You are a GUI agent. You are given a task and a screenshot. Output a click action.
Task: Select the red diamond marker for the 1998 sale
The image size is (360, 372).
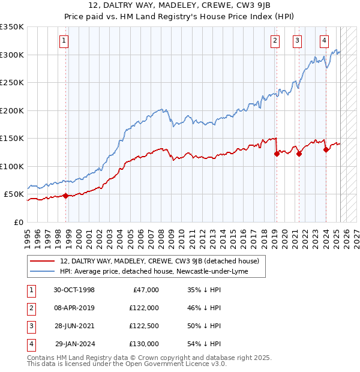(65, 196)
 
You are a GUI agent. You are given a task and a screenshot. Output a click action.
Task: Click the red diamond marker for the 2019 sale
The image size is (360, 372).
(277, 154)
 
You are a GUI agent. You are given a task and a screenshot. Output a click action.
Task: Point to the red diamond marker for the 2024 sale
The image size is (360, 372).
(326, 150)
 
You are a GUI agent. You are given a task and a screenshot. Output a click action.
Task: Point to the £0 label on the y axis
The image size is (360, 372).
(19, 222)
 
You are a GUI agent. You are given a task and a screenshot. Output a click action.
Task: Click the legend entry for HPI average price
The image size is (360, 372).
(154, 272)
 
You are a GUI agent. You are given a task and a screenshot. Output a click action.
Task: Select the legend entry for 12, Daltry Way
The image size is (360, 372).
(159, 261)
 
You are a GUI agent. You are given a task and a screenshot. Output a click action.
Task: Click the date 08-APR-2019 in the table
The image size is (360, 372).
(74, 308)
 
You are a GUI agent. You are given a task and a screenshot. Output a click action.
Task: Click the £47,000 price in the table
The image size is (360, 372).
(145, 290)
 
